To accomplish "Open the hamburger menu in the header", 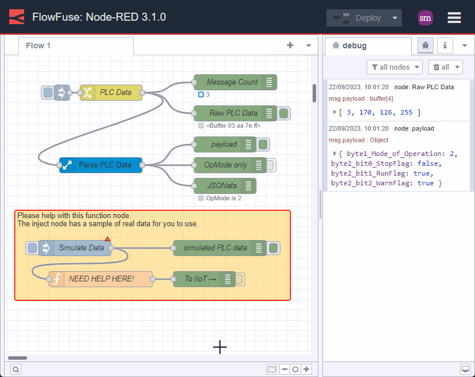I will (454, 18).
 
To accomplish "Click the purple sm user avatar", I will (425, 18).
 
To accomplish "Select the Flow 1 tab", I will (39, 46).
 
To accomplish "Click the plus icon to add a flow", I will (290, 45).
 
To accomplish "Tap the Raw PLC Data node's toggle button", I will (283, 113).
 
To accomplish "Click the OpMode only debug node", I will (225, 165).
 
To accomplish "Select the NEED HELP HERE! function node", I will (101, 279).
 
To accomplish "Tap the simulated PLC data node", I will (215, 248).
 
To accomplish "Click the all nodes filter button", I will (394, 67).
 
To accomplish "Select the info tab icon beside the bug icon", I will (444, 45).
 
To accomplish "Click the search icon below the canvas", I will (16, 370).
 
